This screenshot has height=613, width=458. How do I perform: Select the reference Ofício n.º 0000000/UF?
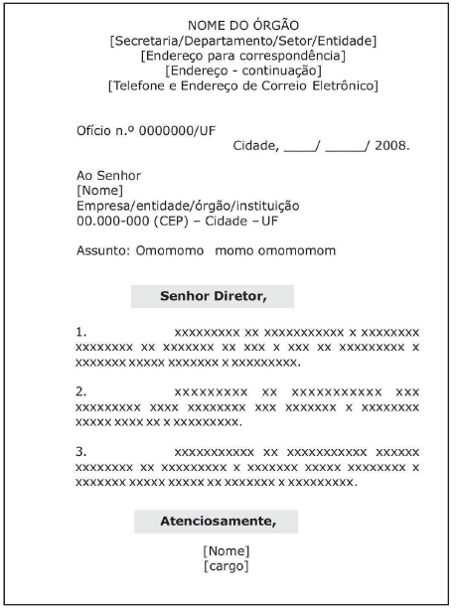(135, 130)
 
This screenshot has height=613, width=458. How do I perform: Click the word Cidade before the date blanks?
(254, 146)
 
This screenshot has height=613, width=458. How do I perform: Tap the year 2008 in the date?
(391, 146)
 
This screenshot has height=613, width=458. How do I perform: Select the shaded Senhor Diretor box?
(215, 296)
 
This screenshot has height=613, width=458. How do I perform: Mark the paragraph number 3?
(81, 453)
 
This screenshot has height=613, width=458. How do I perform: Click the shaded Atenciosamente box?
(216, 520)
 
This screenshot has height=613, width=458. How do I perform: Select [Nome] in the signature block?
(226, 551)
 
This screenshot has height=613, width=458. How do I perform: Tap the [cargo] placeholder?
(226, 566)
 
